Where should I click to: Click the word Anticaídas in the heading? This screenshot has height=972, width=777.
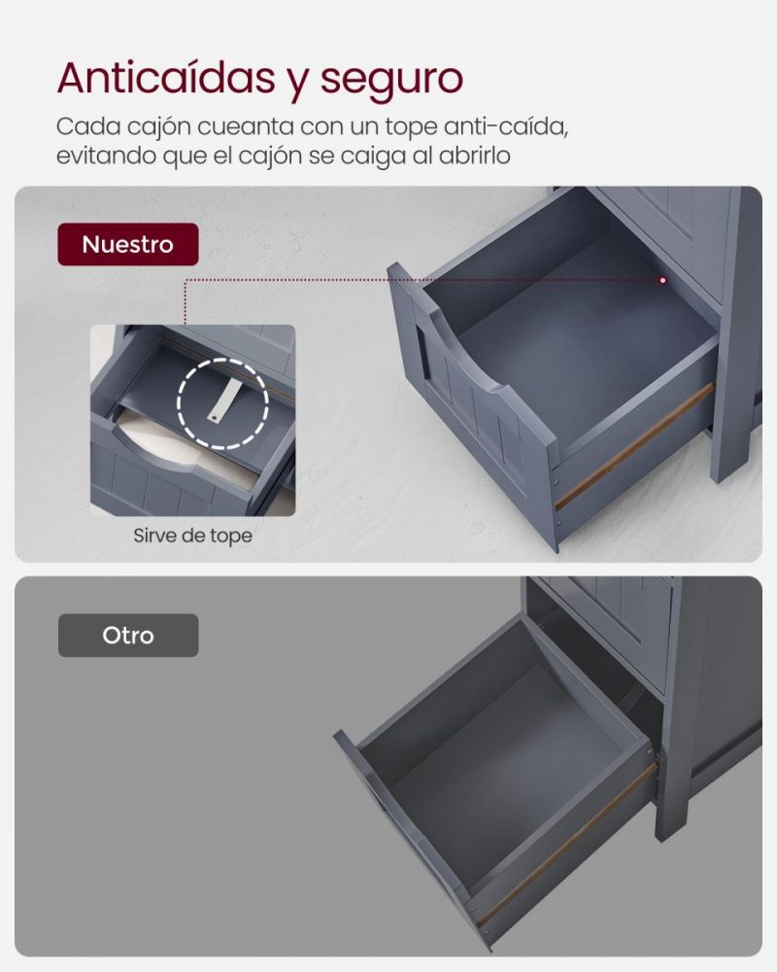(166, 78)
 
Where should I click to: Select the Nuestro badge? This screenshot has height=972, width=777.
(128, 244)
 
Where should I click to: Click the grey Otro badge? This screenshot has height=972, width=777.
(128, 636)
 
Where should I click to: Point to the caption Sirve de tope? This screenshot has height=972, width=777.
(192, 536)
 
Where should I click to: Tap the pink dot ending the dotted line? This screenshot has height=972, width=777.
(663, 280)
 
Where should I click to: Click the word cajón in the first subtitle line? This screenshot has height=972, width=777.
(158, 127)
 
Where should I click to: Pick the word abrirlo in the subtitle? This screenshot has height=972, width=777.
(475, 156)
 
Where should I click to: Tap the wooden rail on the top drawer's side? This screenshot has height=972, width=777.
(634, 445)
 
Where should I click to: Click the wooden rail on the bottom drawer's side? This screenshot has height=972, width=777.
(566, 845)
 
